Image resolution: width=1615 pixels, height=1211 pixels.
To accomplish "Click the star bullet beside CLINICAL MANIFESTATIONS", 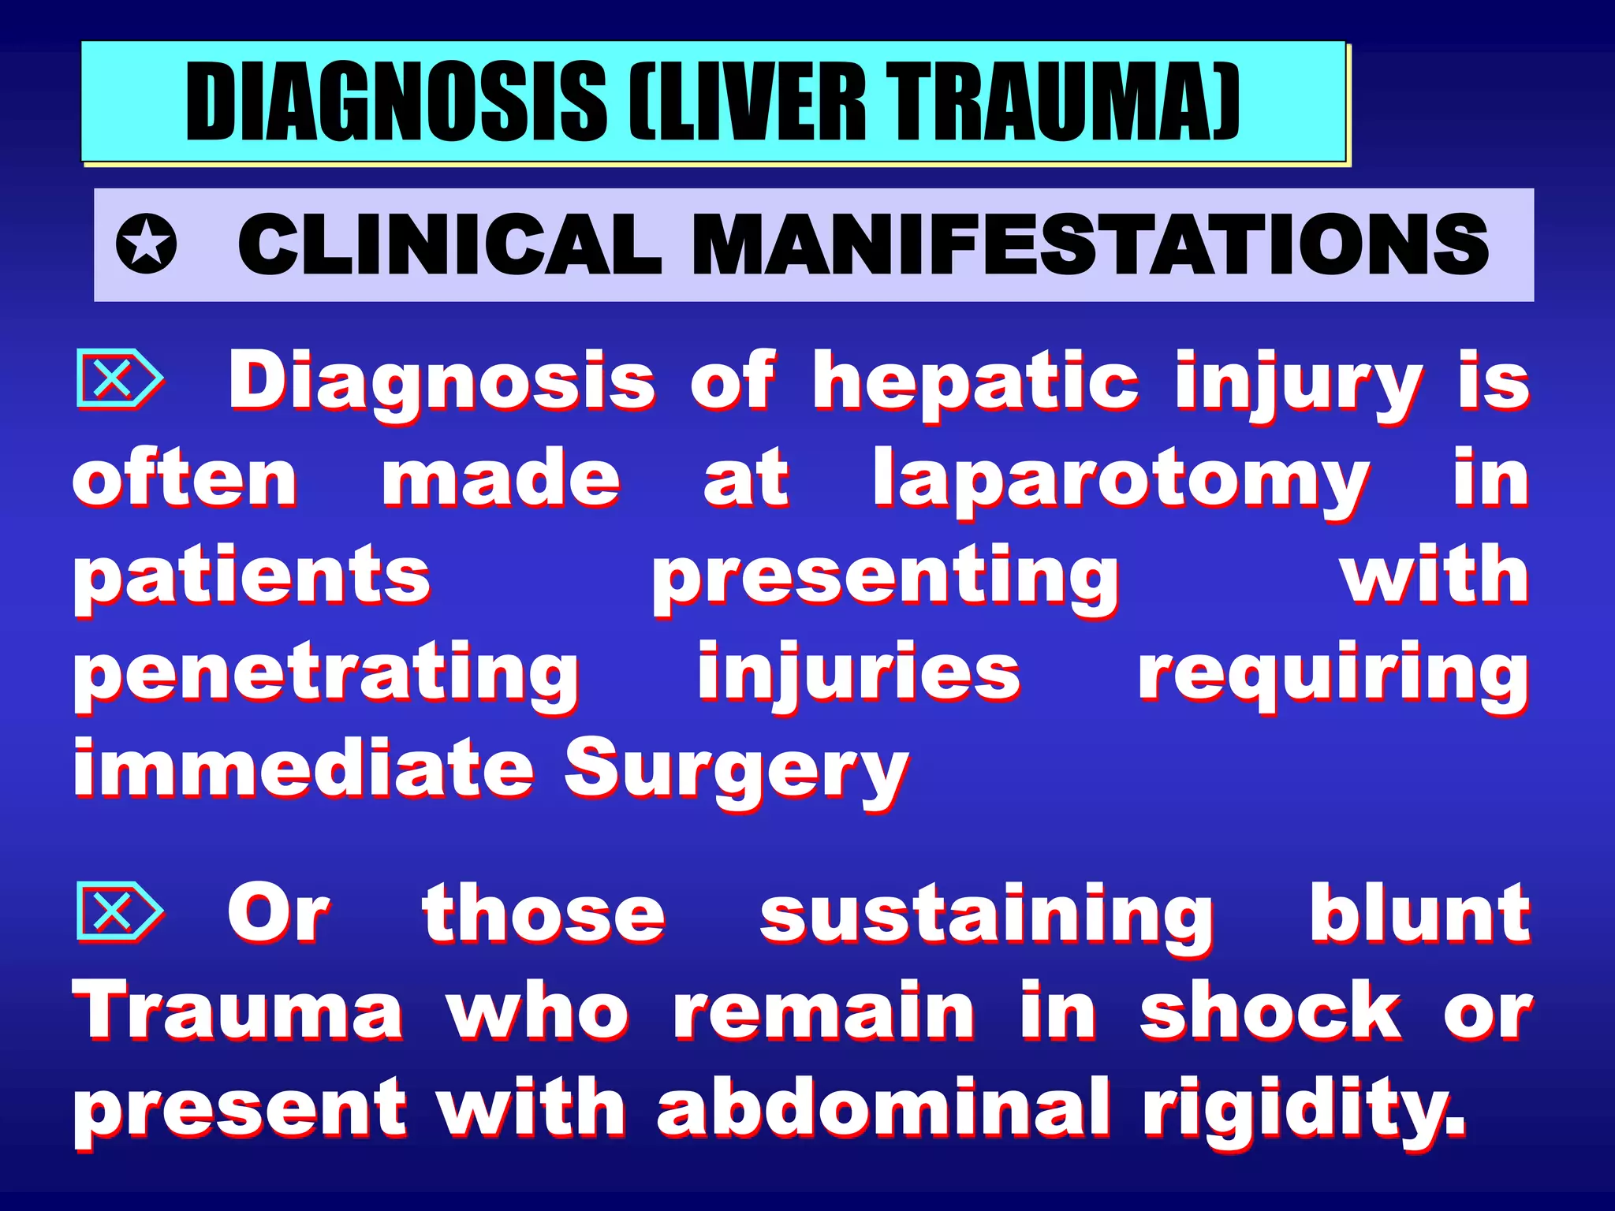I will (x=146, y=245).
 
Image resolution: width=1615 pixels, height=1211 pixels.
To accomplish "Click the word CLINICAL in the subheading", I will (x=449, y=245).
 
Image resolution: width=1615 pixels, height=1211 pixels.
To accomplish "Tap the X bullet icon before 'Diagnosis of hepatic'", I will (x=118, y=379).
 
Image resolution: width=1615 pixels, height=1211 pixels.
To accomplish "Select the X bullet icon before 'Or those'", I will (x=118, y=912).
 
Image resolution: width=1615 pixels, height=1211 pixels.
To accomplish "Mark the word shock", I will (x=1270, y=1011).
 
